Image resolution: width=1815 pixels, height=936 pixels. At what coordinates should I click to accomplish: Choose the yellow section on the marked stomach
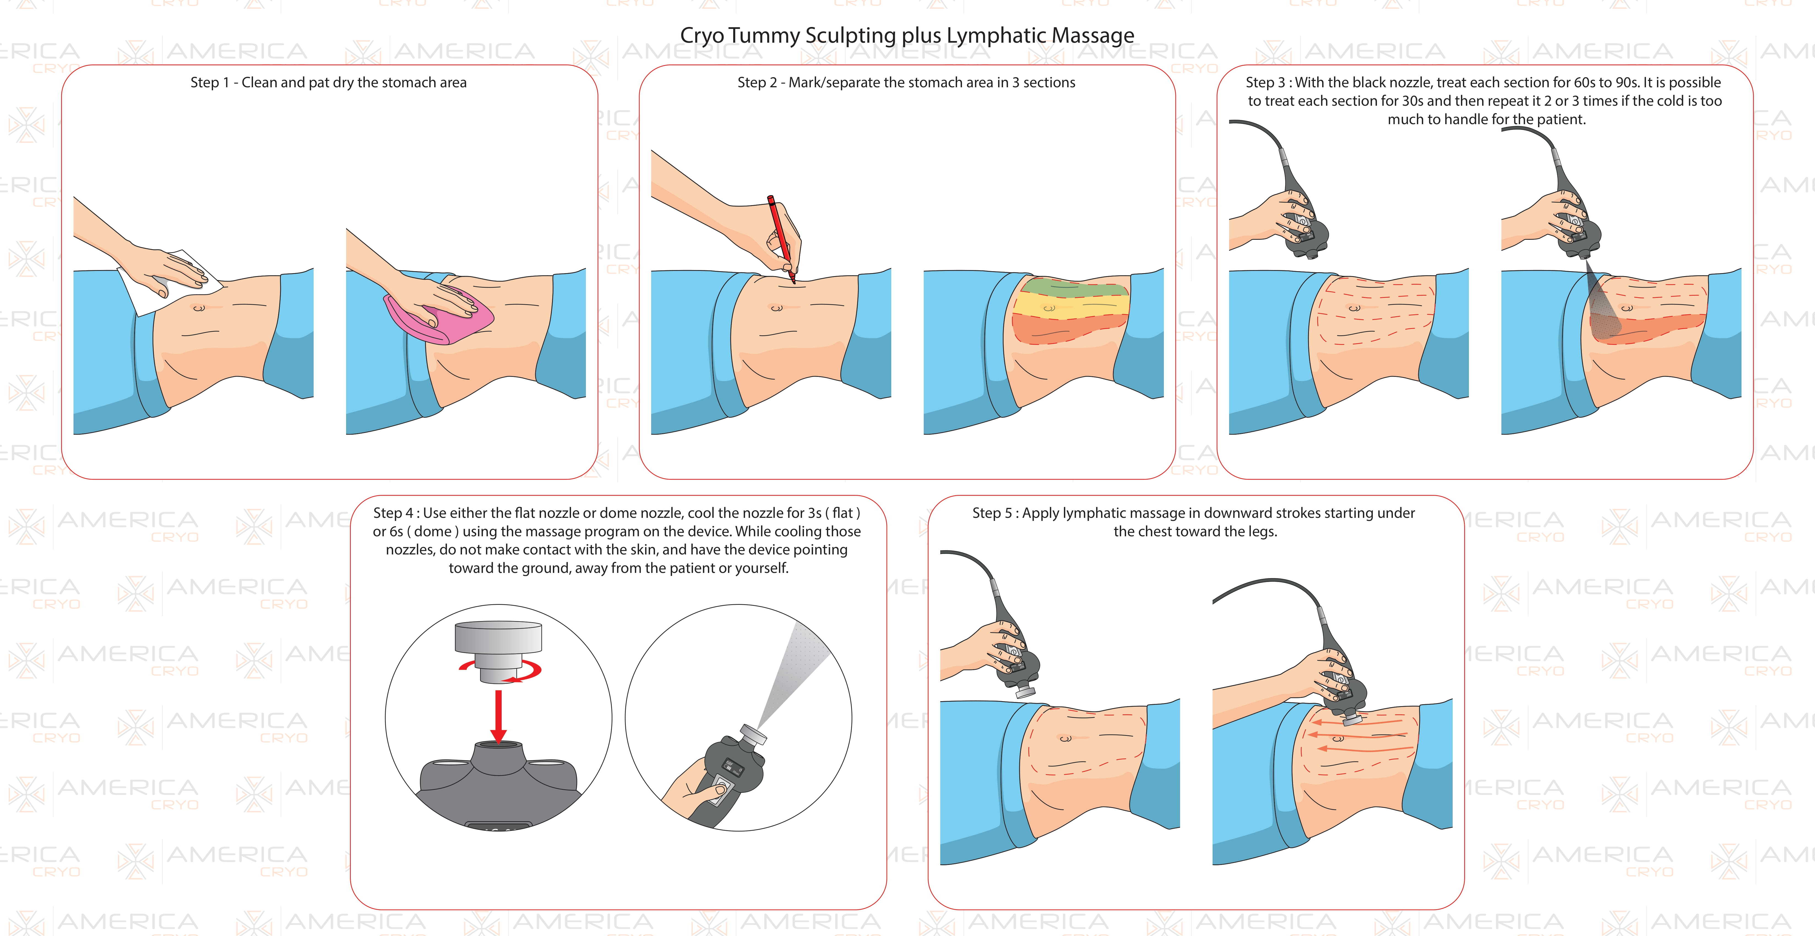click(x=1071, y=308)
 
